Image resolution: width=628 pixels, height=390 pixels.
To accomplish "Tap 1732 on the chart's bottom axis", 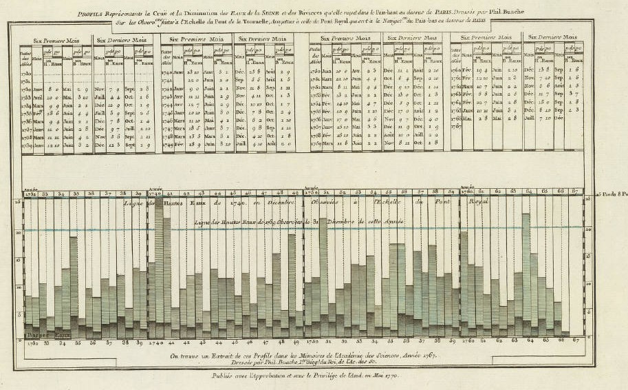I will click(x=31, y=342).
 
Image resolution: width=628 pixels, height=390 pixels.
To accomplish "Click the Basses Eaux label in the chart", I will click(x=41, y=334).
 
